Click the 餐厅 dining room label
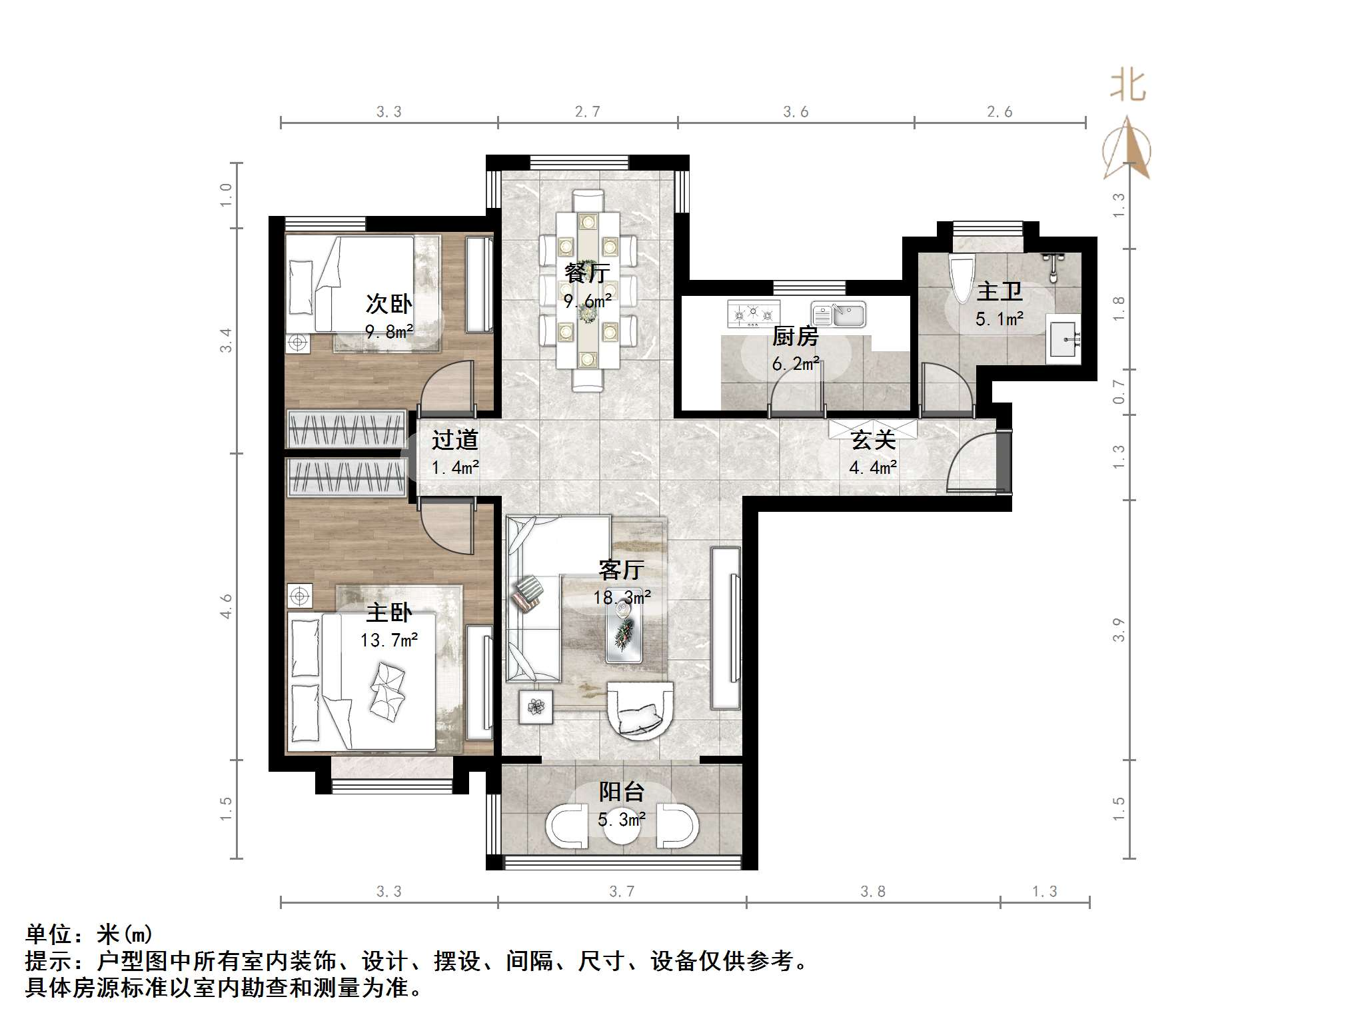tap(587, 273)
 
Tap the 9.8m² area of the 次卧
tap(389, 331)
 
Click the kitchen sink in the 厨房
tap(839, 314)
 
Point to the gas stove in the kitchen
tap(754, 313)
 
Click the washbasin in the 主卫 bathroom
tap(1063, 342)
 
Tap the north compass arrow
tap(1127, 149)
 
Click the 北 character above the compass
tap(1127, 87)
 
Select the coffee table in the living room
tap(624, 632)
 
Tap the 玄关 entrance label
tap(873, 440)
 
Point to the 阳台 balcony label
tap(621, 792)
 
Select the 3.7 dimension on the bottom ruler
tap(622, 892)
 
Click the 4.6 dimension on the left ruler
tap(227, 606)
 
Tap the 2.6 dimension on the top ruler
tap(1000, 112)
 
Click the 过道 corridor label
tap(455, 440)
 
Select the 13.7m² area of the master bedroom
tap(389, 640)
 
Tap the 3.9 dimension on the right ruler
tap(1119, 630)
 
